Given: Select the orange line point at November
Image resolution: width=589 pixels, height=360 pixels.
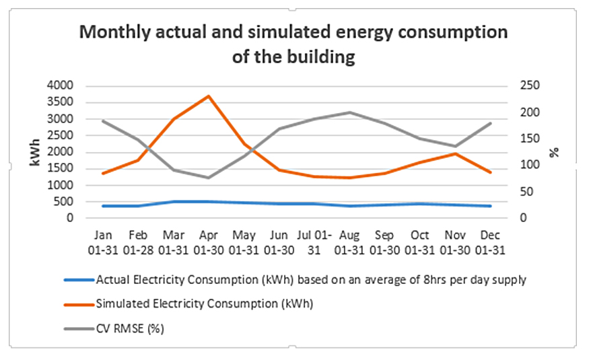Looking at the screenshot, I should [x=455, y=154].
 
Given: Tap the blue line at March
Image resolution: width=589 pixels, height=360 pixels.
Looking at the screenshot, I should [x=174, y=201].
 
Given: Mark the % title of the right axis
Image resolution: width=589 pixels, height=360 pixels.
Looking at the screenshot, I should [x=553, y=151].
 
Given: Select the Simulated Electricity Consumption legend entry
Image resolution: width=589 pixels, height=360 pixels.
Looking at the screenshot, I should [x=205, y=303].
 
